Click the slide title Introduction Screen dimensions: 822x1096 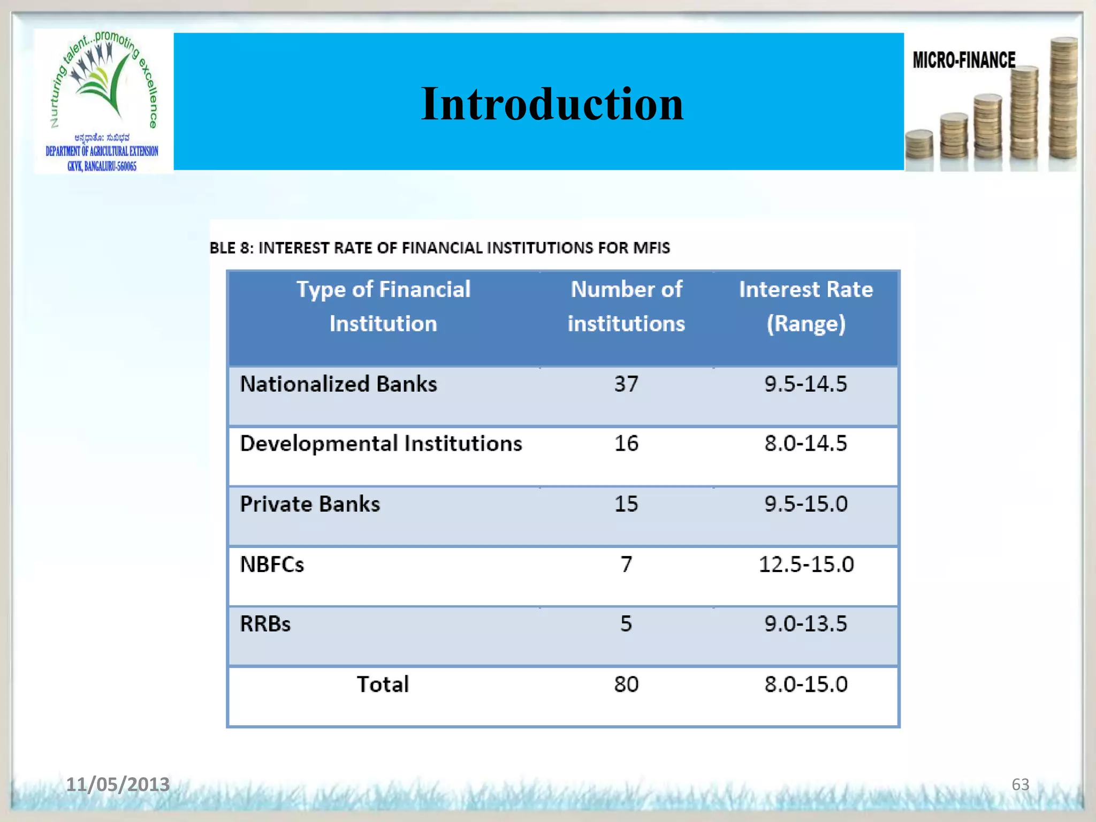pyautogui.click(x=552, y=104)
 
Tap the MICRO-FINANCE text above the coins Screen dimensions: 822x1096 pyautogui.click(x=964, y=60)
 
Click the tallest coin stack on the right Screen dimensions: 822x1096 pyautogui.click(x=1063, y=99)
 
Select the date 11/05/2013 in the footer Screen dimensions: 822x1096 pyautogui.click(x=118, y=784)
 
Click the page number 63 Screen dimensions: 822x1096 pyautogui.click(x=1020, y=785)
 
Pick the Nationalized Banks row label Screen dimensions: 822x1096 pyautogui.click(x=338, y=384)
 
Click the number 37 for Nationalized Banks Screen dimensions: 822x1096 pyautogui.click(x=626, y=384)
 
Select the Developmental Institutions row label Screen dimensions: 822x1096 pyautogui.click(x=380, y=444)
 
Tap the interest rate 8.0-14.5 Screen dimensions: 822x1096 pyautogui.click(x=805, y=444)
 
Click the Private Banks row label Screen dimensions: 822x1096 pyautogui.click(x=310, y=504)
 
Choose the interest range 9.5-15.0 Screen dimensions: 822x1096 pyautogui.click(x=805, y=504)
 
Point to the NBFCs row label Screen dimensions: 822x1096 pyautogui.click(x=272, y=565)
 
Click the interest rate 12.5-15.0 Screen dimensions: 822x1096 pyautogui.click(x=806, y=565)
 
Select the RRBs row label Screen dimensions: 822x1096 pyautogui.click(x=265, y=624)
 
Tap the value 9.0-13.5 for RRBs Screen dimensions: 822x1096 pyautogui.click(x=805, y=624)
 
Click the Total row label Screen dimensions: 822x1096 pyautogui.click(x=383, y=684)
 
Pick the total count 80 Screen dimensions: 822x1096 pyautogui.click(x=626, y=684)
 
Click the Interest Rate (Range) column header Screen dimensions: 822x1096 pyautogui.click(x=805, y=306)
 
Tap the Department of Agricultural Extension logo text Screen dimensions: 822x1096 pyautogui.click(x=102, y=151)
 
